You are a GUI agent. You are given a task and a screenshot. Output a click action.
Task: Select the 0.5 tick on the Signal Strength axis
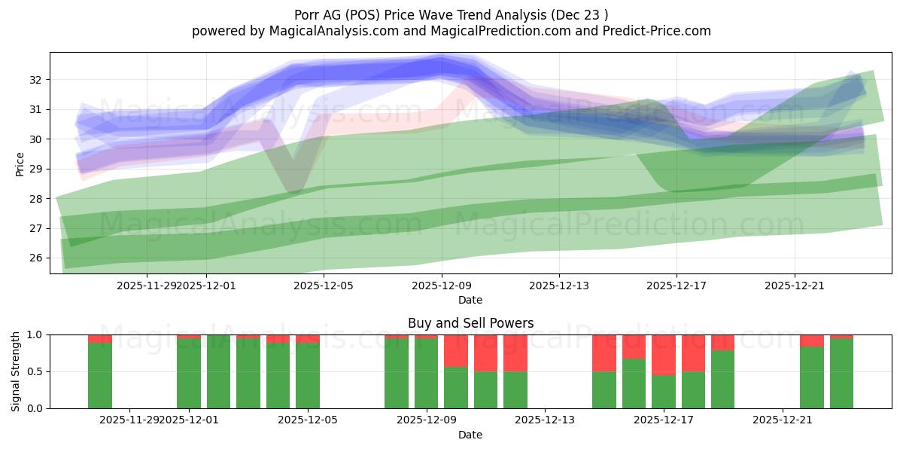tap(34, 371)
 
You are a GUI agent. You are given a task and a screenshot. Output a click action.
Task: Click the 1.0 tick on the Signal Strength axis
tap(34, 334)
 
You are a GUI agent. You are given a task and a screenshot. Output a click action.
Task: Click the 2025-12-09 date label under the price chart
tap(441, 286)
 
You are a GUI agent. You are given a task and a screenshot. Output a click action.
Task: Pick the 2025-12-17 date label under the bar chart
tap(664, 420)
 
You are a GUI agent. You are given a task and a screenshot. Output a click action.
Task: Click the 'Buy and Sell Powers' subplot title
tap(470, 323)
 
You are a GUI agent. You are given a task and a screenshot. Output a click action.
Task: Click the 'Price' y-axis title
tap(20, 163)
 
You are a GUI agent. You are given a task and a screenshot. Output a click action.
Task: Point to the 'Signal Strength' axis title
tap(16, 371)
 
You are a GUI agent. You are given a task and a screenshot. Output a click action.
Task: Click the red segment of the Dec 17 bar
tap(664, 354)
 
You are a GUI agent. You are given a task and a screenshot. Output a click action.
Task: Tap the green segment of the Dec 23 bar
tap(841, 373)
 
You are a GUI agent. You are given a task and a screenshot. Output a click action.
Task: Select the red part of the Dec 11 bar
tap(485, 353)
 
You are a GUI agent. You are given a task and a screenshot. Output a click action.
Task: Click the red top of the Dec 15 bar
tap(604, 353)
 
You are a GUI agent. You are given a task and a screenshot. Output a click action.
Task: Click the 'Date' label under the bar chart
tap(470, 435)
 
